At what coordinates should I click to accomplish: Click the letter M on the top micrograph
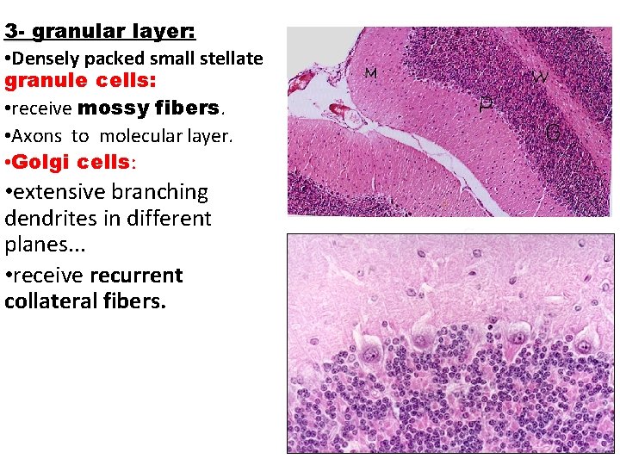pyautogui.click(x=372, y=73)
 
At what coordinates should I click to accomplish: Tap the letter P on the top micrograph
pyautogui.click(x=486, y=105)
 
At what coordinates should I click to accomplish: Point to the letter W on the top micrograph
pyautogui.click(x=540, y=76)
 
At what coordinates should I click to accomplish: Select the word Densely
pyautogui.click(x=43, y=59)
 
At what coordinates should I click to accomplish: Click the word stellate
pyautogui.click(x=232, y=59)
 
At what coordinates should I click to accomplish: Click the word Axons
pyautogui.click(x=40, y=136)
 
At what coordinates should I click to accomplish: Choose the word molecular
pyautogui.click(x=133, y=136)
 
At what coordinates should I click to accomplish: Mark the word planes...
pyautogui.click(x=36, y=245)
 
